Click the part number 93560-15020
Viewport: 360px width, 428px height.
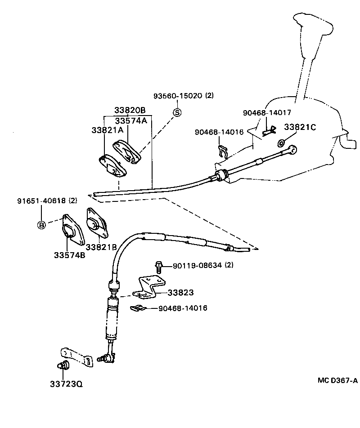179,96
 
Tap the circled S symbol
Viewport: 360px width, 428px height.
177,112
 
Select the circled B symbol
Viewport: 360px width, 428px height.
41,225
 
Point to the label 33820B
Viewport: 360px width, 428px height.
130,111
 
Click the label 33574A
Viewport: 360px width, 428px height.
131,121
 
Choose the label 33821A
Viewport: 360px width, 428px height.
107,130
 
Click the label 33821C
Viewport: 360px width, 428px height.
300,127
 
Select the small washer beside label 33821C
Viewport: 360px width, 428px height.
281,143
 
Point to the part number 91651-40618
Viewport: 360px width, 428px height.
41,201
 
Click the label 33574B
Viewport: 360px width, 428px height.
69,255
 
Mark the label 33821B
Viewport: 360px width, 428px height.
101,247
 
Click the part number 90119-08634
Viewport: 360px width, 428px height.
198,266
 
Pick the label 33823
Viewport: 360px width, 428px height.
180,292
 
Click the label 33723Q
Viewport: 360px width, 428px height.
66,384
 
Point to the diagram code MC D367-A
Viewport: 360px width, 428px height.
337,380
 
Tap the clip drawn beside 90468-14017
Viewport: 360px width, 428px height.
269,130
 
